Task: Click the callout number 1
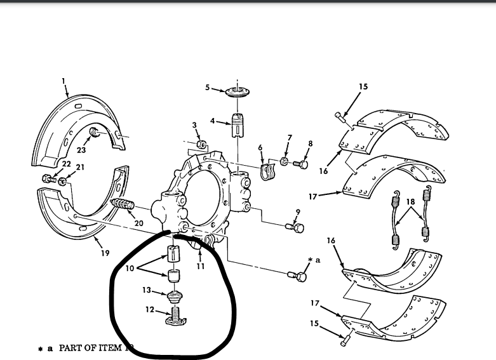click(x=64, y=81)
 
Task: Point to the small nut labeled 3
click(x=200, y=145)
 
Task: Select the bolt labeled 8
click(x=302, y=165)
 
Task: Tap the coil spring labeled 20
click(x=124, y=206)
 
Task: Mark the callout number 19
click(x=105, y=252)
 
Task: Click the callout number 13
click(x=146, y=290)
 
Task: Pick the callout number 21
click(x=80, y=168)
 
